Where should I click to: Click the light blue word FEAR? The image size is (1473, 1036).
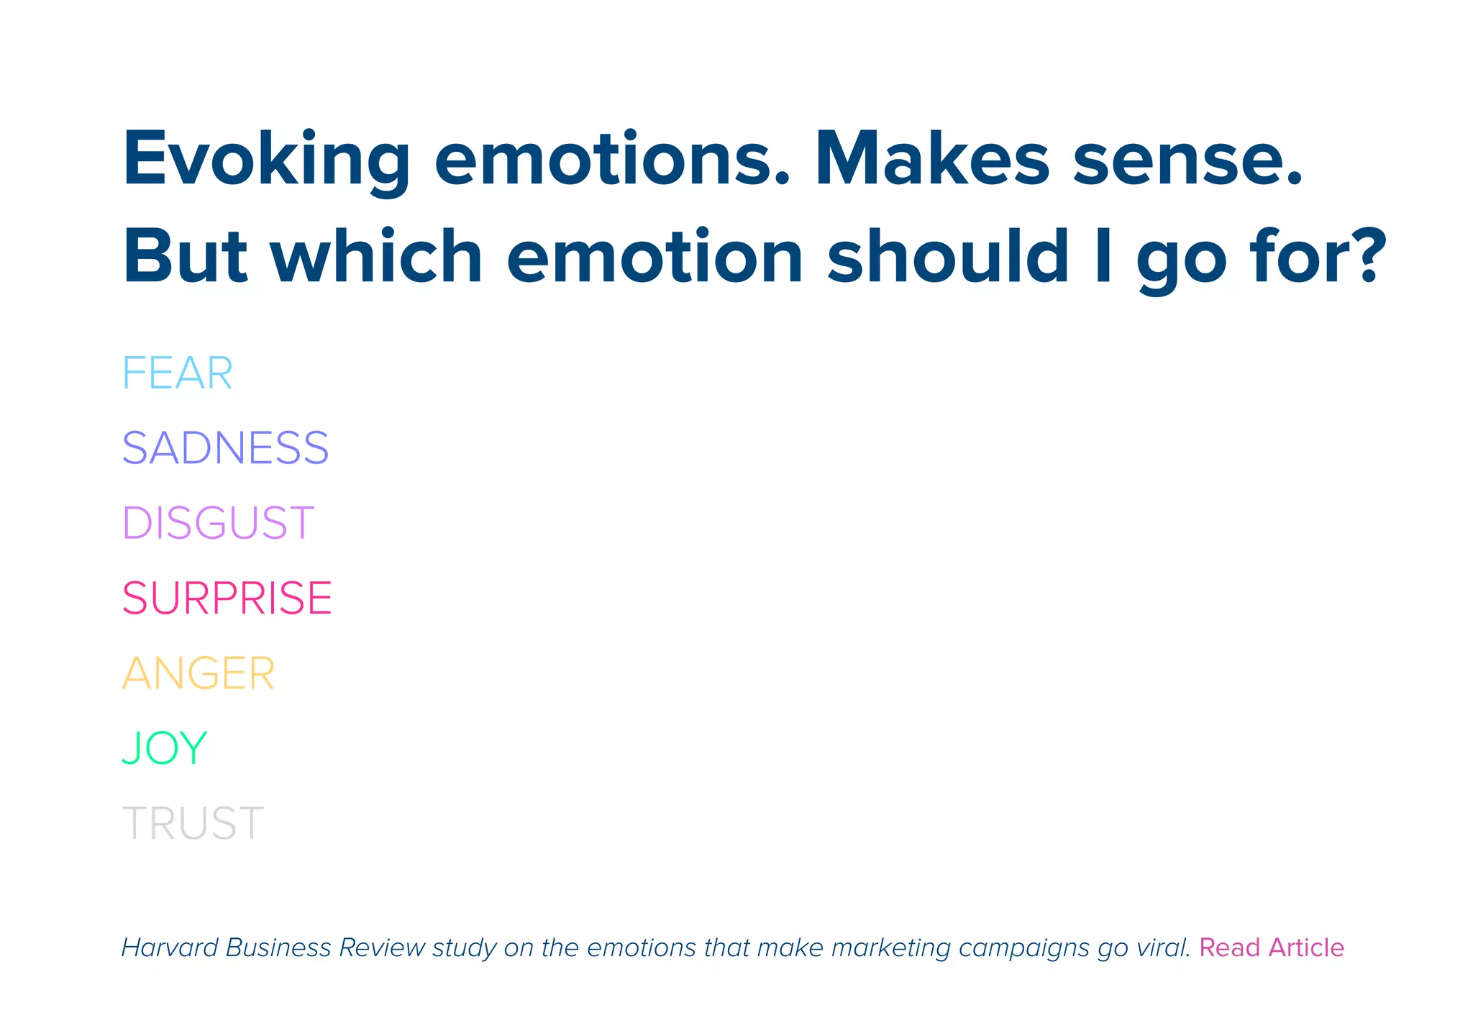[x=177, y=373]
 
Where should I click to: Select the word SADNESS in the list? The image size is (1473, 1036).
[x=225, y=448]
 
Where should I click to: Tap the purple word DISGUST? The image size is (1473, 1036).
[x=218, y=523]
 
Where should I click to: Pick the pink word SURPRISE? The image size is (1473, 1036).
[x=227, y=598]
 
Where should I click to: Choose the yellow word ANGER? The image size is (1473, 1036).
[x=198, y=673]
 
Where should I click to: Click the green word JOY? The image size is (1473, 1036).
[x=165, y=748]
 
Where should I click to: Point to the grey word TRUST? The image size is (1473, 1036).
[x=193, y=823]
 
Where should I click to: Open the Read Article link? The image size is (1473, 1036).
[x=1271, y=948]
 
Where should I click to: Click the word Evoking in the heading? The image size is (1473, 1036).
[x=266, y=160]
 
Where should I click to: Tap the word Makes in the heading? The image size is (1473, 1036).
[x=932, y=160]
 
